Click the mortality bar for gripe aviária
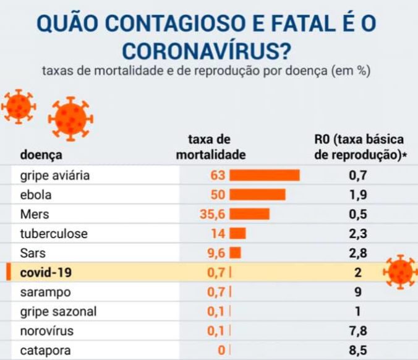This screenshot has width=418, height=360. [265, 175]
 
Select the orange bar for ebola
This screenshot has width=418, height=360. [257, 195]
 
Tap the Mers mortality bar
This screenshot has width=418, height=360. [249, 214]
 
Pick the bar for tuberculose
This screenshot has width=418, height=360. [237, 233]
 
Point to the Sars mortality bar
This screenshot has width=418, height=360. [235, 253]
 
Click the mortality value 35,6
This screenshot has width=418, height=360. [213, 214]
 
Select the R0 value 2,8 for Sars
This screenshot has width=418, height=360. [358, 253]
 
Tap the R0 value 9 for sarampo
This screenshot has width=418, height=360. [358, 292]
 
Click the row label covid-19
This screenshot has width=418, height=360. [46, 273]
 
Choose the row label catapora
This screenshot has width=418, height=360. [45, 351]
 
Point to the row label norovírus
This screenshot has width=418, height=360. [46, 331]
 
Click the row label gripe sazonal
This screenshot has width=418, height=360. [58, 312]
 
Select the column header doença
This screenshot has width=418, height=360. [41, 155]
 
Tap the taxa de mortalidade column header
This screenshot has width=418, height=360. [211, 147]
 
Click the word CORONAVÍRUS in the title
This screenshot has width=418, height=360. [206, 49]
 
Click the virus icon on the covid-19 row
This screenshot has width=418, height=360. [401, 272]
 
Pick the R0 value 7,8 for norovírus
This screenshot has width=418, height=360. [358, 331]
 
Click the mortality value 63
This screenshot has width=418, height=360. [218, 175]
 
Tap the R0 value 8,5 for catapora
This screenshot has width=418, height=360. [358, 351]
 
